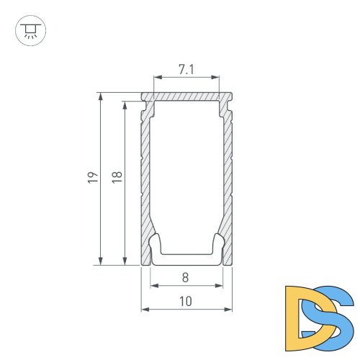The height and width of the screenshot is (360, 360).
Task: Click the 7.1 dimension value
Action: click(x=186, y=69)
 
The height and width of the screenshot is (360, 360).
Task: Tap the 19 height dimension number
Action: click(x=93, y=178)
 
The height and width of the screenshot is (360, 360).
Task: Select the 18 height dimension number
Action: click(x=117, y=177)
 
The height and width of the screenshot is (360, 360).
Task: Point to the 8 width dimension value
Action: click(x=185, y=278)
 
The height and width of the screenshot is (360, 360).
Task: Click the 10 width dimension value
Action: click(x=186, y=302)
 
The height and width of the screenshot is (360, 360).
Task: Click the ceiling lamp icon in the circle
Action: click(x=30, y=31)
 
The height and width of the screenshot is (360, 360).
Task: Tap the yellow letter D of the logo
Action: click(x=310, y=318)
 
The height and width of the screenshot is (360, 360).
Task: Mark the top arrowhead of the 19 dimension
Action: click(x=101, y=96)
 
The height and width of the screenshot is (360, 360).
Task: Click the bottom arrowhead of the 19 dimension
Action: click(x=101, y=261)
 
